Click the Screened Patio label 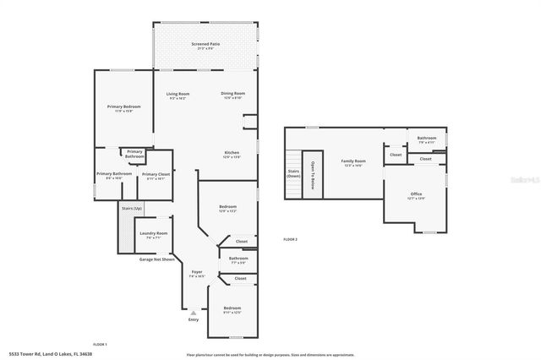pyautogui.click(x=205, y=44)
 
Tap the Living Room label pyautogui.click(x=178, y=94)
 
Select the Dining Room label pyautogui.click(x=232, y=94)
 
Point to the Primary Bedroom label pyautogui.click(x=123, y=106)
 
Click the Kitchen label pyautogui.click(x=232, y=153)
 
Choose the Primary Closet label pyautogui.click(x=157, y=174)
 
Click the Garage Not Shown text pyautogui.click(x=157, y=259)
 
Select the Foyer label pyautogui.click(x=196, y=272)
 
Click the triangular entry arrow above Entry pyautogui.click(x=193, y=312)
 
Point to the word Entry pyautogui.click(x=194, y=319)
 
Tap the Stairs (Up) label pyautogui.click(x=132, y=207)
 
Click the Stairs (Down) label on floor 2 pyautogui.click(x=294, y=172)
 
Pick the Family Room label pyautogui.click(x=353, y=161)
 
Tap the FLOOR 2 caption pyautogui.click(x=290, y=239)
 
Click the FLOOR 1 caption pyautogui.click(x=100, y=344)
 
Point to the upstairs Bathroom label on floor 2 pyautogui.click(x=426, y=138)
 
